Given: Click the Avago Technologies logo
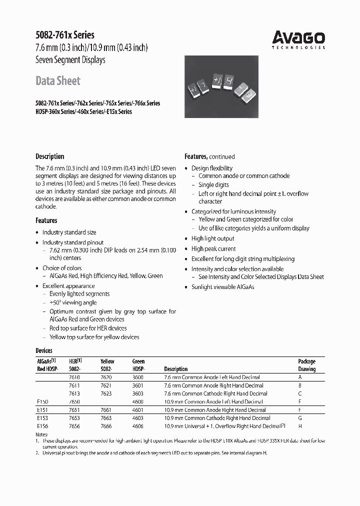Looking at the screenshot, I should click(x=298, y=39).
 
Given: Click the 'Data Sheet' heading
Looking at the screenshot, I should click(x=58, y=80).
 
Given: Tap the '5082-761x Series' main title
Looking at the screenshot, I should click(x=65, y=35).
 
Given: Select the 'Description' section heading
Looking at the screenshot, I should click(x=50, y=156).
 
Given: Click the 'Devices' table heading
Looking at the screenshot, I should click(x=44, y=350).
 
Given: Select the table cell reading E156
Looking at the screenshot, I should click(x=42, y=426).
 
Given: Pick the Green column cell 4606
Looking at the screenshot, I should click(x=138, y=426).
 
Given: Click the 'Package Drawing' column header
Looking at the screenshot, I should click(x=306, y=365).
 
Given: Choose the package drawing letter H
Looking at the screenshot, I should click(x=300, y=426).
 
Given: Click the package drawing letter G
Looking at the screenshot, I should click(x=300, y=418).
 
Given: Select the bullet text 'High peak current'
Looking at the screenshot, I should click(x=213, y=248).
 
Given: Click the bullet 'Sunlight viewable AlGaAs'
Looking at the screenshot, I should click(x=222, y=287).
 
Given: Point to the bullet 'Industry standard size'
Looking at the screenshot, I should click(x=69, y=232).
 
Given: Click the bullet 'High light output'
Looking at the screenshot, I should click(x=212, y=238).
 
